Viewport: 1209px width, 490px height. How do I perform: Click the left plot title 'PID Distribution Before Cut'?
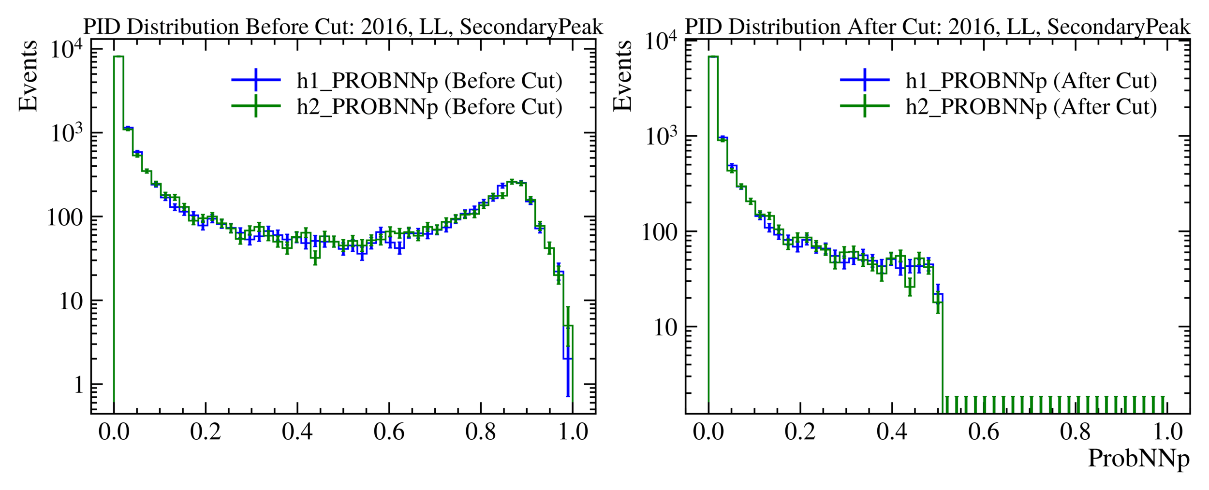click(x=343, y=27)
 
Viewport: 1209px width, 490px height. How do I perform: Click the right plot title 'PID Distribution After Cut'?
click(x=937, y=27)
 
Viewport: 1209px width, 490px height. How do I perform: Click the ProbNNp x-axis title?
click(x=1138, y=458)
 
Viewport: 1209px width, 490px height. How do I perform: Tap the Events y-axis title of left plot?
click(x=28, y=76)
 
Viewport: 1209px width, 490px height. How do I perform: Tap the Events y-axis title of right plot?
click(x=622, y=76)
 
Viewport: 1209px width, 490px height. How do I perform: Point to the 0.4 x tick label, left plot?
click(x=297, y=432)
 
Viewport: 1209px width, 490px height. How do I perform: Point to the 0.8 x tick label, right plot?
click(x=1075, y=432)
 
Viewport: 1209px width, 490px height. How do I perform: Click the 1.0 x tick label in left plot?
click(x=573, y=432)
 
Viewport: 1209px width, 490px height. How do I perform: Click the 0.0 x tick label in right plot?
click(x=708, y=432)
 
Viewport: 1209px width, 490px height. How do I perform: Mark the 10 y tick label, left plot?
click(x=71, y=302)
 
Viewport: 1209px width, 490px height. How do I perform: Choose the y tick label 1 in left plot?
click(x=79, y=385)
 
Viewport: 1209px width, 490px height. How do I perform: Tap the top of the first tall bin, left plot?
click(x=118, y=57)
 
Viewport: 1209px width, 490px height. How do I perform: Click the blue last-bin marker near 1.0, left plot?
click(x=568, y=359)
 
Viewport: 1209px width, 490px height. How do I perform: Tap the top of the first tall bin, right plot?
click(x=713, y=57)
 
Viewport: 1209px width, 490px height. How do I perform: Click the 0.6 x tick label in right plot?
click(x=983, y=432)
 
